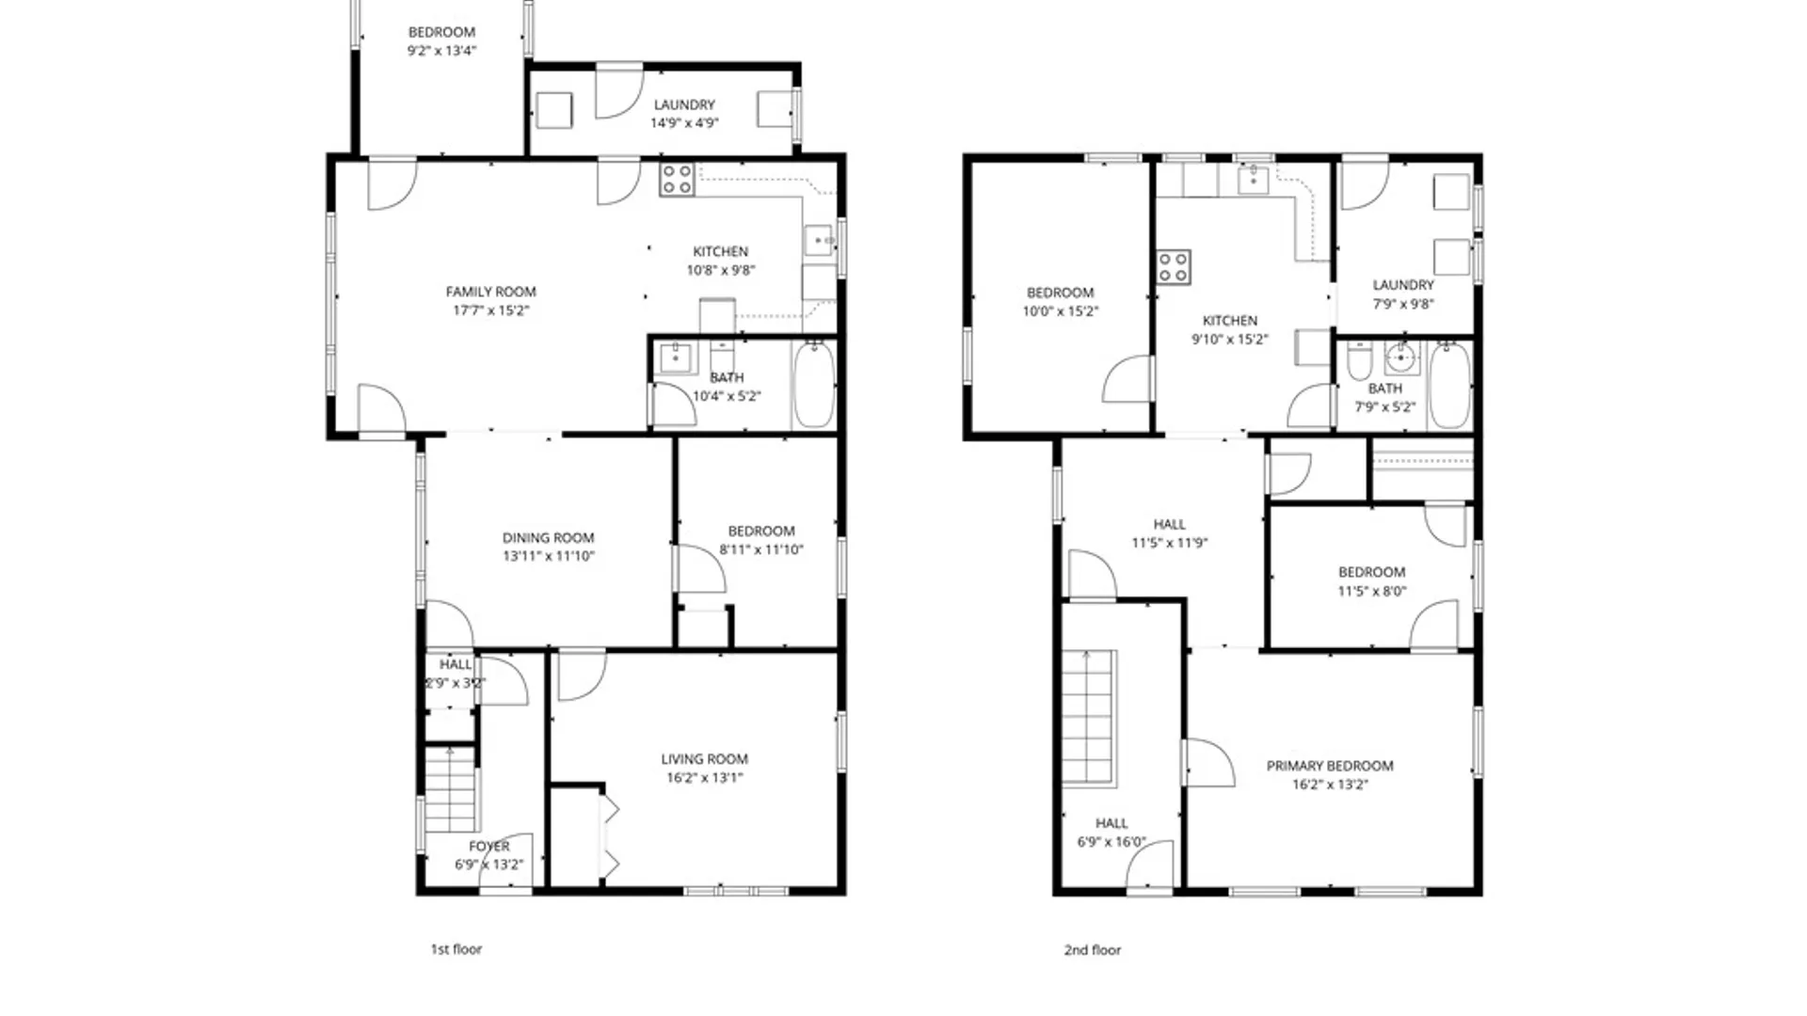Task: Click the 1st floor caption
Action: (456, 949)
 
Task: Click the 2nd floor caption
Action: (1092, 950)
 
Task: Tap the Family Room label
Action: (490, 292)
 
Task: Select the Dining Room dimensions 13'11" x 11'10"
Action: (548, 556)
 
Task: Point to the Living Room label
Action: (704, 759)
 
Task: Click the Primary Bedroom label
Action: (1329, 766)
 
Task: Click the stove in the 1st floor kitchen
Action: (677, 179)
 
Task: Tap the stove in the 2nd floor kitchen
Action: (1173, 266)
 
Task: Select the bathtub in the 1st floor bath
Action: (813, 386)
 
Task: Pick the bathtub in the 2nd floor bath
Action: (1449, 386)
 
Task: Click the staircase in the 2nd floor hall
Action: (1089, 717)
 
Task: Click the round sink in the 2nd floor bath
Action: (1401, 358)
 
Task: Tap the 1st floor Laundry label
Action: (684, 104)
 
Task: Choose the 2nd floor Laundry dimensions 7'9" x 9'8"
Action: (1402, 304)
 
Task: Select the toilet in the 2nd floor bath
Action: (1359, 360)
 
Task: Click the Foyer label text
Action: (488, 847)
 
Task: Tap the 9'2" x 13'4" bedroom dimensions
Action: (441, 51)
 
